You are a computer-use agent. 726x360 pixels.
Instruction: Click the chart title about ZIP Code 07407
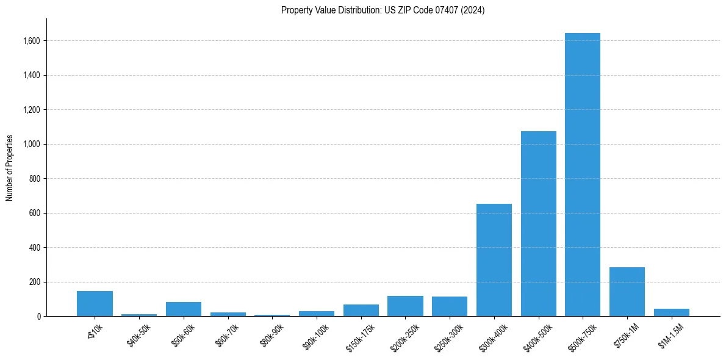coord(383,10)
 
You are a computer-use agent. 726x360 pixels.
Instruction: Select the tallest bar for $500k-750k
coord(582,175)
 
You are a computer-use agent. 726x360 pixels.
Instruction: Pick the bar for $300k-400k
coord(494,260)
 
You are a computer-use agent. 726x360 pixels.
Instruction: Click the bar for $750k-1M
coord(627,292)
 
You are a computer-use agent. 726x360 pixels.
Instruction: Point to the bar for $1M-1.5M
coord(671,312)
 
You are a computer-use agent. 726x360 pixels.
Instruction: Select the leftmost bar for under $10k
coord(95,303)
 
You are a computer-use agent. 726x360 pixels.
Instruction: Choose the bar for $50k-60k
coord(183,309)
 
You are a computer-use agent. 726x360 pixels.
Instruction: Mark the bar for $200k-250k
coord(405,306)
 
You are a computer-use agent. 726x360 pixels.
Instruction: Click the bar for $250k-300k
coord(450,306)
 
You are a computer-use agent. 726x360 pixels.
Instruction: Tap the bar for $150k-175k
coord(361,310)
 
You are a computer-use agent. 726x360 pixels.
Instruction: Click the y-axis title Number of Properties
coord(10,168)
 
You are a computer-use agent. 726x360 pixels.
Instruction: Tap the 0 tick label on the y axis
coord(38,317)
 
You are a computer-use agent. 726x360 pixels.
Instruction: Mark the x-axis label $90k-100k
coord(315,334)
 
